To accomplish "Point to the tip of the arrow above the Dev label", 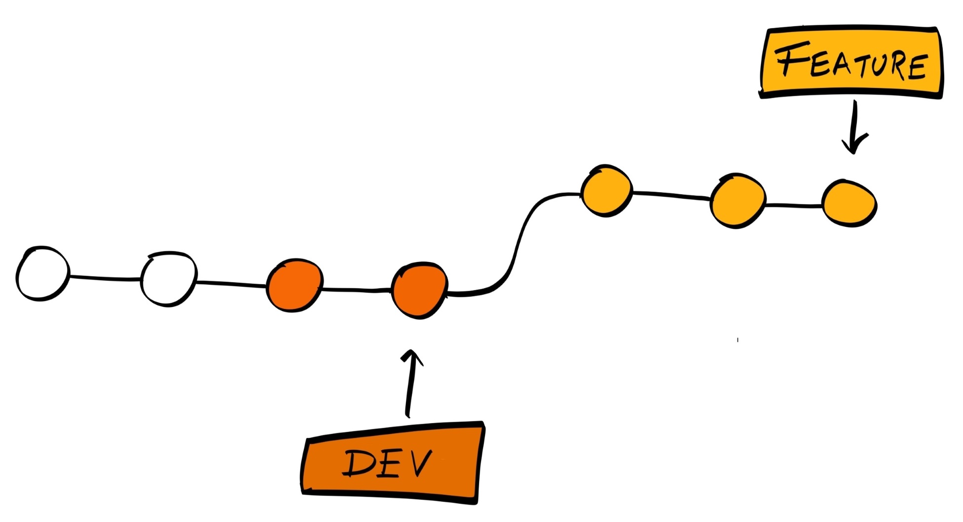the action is click(411, 351).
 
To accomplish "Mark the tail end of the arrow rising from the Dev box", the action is click(407, 417).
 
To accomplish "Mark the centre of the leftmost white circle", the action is click(42, 273).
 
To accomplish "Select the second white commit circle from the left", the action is click(169, 279).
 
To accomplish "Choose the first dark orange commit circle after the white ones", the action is click(294, 285).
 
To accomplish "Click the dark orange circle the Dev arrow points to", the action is click(420, 290).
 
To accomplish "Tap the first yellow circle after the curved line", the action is click(606, 190).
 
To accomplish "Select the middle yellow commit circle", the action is click(738, 200).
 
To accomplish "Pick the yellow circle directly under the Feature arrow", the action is click(849, 203).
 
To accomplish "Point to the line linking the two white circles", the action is click(105, 278).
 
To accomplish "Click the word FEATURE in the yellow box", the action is click(851, 61).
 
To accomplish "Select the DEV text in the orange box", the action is click(387, 463).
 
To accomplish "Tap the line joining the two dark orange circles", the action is click(357, 289).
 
